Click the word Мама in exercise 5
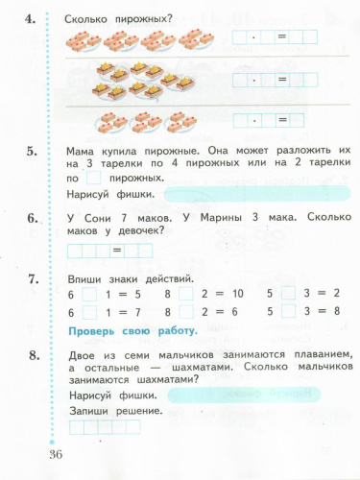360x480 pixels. (84, 151)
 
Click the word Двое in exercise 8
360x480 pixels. (84, 357)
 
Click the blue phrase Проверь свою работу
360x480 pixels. (133, 331)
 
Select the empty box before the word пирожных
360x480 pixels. (93, 179)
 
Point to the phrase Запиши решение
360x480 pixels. (115, 411)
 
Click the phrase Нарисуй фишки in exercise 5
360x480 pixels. (112, 194)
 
